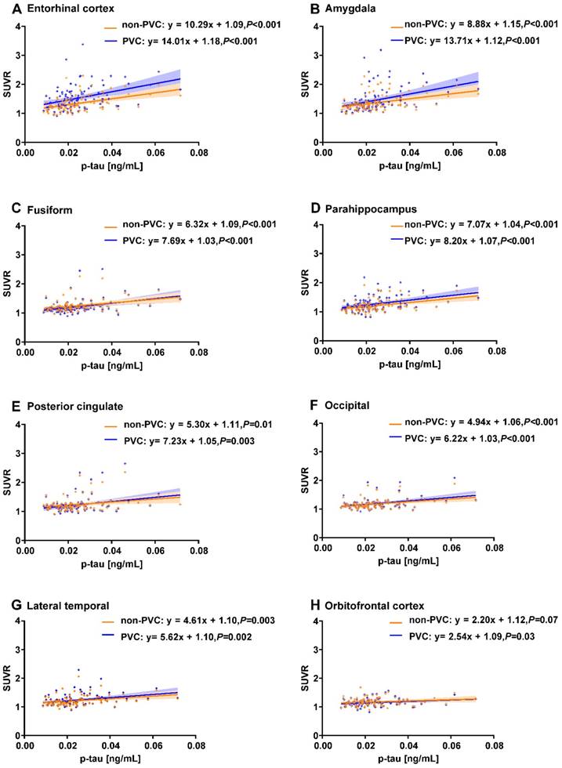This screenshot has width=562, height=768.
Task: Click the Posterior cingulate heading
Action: (x=60, y=406)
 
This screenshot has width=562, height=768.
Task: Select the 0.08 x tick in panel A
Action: (x=198, y=155)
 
